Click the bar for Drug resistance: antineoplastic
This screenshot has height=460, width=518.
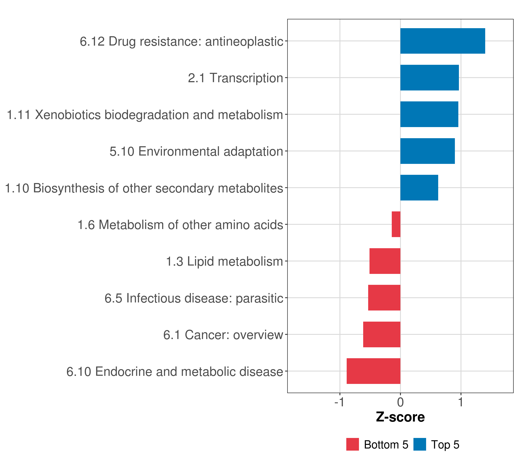click(x=442, y=41)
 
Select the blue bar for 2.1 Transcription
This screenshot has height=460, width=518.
click(x=429, y=78)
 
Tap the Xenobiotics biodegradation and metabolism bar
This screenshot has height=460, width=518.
click(x=429, y=114)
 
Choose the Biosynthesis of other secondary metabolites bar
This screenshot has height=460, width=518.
click(x=419, y=188)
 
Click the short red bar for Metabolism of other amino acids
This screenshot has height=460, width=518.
click(x=396, y=224)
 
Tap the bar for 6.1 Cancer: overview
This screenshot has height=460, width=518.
click(x=381, y=334)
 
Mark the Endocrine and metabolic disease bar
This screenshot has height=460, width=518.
click(x=373, y=371)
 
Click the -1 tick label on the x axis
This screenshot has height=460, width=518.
click(x=339, y=402)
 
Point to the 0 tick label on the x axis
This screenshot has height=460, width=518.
click(x=400, y=402)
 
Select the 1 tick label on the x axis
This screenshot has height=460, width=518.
click(x=461, y=402)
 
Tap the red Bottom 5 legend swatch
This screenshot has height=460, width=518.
click(x=352, y=444)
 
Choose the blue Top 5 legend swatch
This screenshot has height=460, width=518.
click(x=420, y=444)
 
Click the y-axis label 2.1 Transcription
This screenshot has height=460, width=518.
click(x=235, y=78)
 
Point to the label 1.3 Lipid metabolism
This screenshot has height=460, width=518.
click(x=224, y=261)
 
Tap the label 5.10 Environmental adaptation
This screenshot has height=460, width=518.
click(x=196, y=152)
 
